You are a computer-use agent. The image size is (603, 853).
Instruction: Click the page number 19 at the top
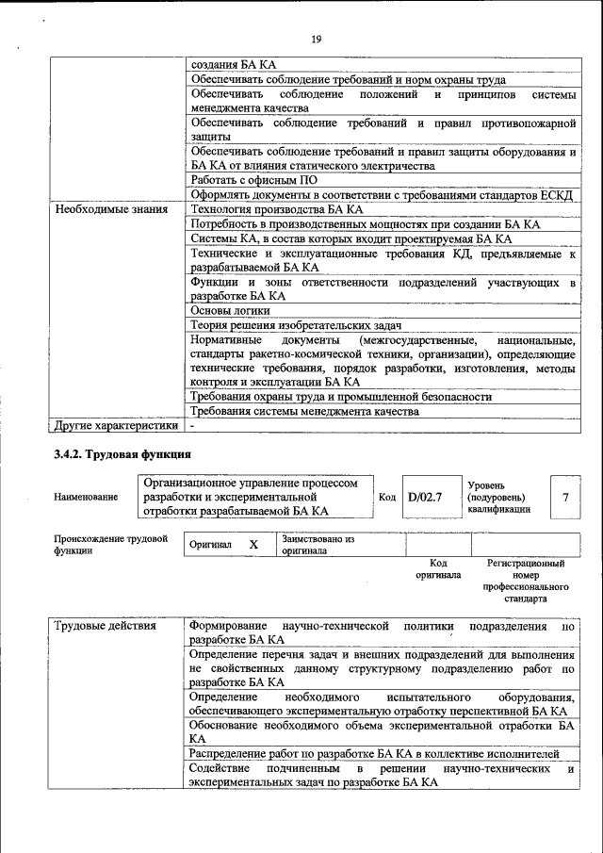[x=316, y=39]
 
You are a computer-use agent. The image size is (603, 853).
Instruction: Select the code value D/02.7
[x=425, y=497]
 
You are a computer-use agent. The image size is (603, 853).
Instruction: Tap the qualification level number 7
[x=564, y=497]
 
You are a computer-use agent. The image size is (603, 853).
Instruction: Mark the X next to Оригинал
[x=253, y=545]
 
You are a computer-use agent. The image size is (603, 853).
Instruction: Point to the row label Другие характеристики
[x=115, y=426]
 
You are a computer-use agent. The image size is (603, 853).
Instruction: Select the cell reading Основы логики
[x=230, y=310]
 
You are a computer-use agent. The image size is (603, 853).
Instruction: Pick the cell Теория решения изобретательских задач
[x=296, y=325]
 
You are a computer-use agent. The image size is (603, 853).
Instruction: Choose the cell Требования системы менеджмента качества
[x=303, y=412]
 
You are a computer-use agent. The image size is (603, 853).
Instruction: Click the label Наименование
[x=86, y=497]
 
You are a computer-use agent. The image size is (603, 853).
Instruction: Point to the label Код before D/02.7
[x=386, y=497]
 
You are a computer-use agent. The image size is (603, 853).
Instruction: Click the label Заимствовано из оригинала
[x=316, y=545]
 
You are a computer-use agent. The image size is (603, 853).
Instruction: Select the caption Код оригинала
[x=437, y=568]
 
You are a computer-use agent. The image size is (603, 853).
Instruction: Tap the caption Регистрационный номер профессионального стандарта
[x=525, y=581]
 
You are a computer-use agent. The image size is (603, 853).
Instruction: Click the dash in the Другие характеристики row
[x=192, y=426]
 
